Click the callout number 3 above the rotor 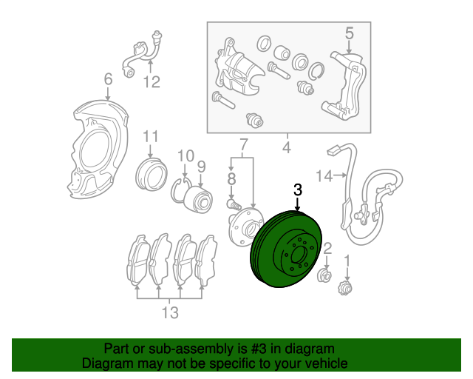click(298, 190)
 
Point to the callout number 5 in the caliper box click(350, 32)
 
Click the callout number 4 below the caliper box click(286, 147)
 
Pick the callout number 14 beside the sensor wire click(324, 175)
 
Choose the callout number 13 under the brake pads click(170, 312)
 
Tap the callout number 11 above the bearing click(151, 136)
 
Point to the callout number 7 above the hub click(243, 142)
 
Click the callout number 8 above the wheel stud click(231, 178)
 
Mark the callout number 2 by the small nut click(327, 248)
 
